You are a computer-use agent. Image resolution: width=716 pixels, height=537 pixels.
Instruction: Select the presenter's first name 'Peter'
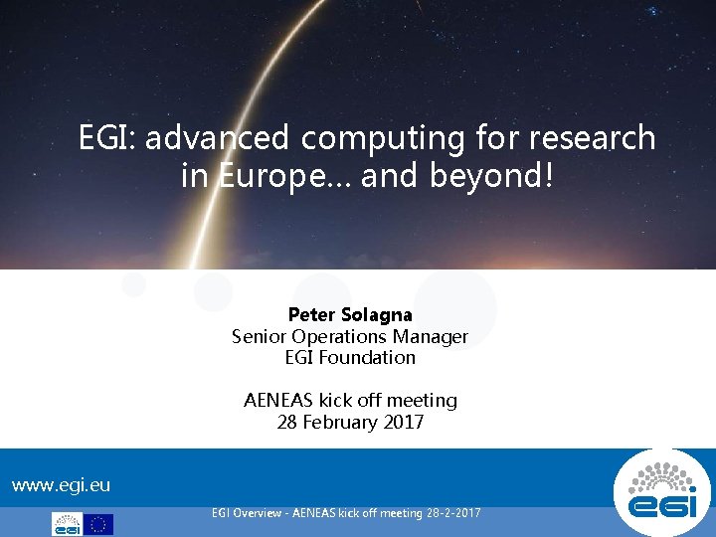[x=311, y=314]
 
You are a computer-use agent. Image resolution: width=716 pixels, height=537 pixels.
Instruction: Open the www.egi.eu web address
[x=61, y=485]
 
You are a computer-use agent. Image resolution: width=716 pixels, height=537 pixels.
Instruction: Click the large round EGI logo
[x=662, y=492]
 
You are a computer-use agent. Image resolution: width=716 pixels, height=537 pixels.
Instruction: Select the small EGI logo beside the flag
[x=67, y=524]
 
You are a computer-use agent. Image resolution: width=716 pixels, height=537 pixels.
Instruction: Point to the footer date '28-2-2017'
[x=453, y=513]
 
